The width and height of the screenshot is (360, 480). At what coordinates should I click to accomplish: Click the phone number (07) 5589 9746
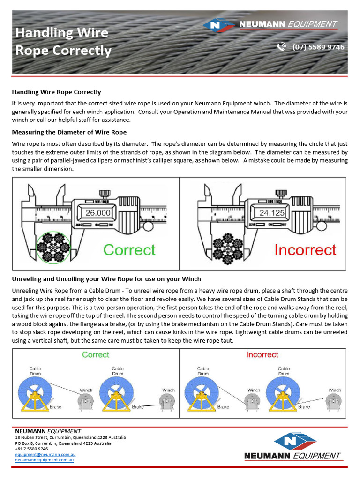click(318, 47)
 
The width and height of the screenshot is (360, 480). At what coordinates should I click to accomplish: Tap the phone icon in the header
click(281, 47)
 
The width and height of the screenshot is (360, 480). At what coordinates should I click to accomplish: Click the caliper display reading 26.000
click(98, 213)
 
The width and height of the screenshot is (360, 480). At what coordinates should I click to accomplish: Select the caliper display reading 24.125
click(272, 213)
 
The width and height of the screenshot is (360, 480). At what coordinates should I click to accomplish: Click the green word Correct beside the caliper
click(129, 250)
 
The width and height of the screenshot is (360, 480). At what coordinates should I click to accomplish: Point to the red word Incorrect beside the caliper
click(305, 250)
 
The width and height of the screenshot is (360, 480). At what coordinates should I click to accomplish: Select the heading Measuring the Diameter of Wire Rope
click(69, 132)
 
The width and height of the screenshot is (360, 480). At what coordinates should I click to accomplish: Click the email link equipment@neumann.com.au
click(45, 454)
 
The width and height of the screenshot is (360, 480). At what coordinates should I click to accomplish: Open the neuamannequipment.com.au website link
click(44, 460)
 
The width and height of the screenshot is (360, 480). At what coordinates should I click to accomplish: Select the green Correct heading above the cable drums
click(96, 355)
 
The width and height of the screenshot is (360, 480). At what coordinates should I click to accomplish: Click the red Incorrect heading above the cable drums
click(262, 355)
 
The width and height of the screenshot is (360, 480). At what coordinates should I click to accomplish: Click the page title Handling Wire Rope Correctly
click(63, 41)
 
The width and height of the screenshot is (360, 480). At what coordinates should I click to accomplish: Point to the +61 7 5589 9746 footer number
click(31, 449)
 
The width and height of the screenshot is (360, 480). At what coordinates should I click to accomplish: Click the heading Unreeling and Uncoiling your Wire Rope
click(106, 279)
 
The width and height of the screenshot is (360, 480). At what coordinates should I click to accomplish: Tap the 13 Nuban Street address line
click(70, 437)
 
